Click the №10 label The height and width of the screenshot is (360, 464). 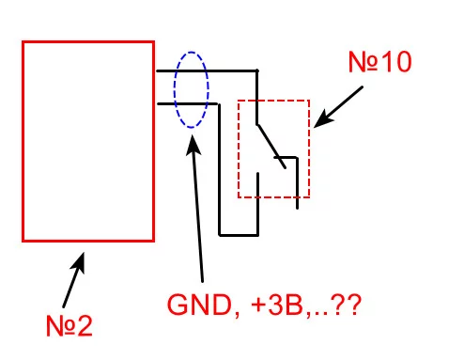[379, 62]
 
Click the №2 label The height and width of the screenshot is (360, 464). [70, 325]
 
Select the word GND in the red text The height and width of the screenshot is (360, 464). [199, 305]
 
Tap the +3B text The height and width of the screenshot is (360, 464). [278, 305]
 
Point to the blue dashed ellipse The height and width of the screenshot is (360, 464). [175, 90]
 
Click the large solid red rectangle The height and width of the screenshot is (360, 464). [23, 141]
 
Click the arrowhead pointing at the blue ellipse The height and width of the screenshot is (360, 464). [193, 145]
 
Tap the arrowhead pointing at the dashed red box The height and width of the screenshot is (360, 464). [322, 119]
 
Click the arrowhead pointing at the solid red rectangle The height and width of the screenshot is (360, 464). [79, 262]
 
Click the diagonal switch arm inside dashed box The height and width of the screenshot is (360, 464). [271, 147]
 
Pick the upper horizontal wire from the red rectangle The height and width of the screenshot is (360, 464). [207, 71]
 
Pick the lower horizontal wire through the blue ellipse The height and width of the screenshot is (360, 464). [187, 103]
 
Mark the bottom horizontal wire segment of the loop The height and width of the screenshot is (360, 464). [239, 234]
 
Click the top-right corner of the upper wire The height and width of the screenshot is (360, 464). [257, 70]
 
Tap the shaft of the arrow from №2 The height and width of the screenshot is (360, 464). [70, 288]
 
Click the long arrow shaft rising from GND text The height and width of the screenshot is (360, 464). [198, 216]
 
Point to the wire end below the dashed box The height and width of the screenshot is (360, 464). [297, 208]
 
